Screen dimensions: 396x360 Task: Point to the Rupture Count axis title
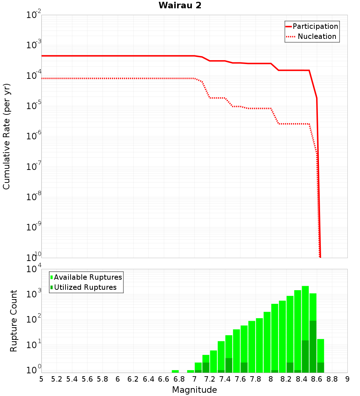click(x=14, y=320)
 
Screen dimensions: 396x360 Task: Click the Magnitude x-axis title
click(x=194, y=390)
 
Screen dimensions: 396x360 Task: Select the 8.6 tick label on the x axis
click(x=316, y=379)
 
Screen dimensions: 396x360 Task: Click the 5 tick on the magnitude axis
click(x=41, y=379)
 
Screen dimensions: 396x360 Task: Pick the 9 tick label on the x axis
click(x=347, y=379)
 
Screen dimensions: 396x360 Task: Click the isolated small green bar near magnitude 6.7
click(x=175, y=371)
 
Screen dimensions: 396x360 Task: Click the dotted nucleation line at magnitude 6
click(x=118, y=78)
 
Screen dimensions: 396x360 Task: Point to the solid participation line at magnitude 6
click(x=118, y=56)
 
